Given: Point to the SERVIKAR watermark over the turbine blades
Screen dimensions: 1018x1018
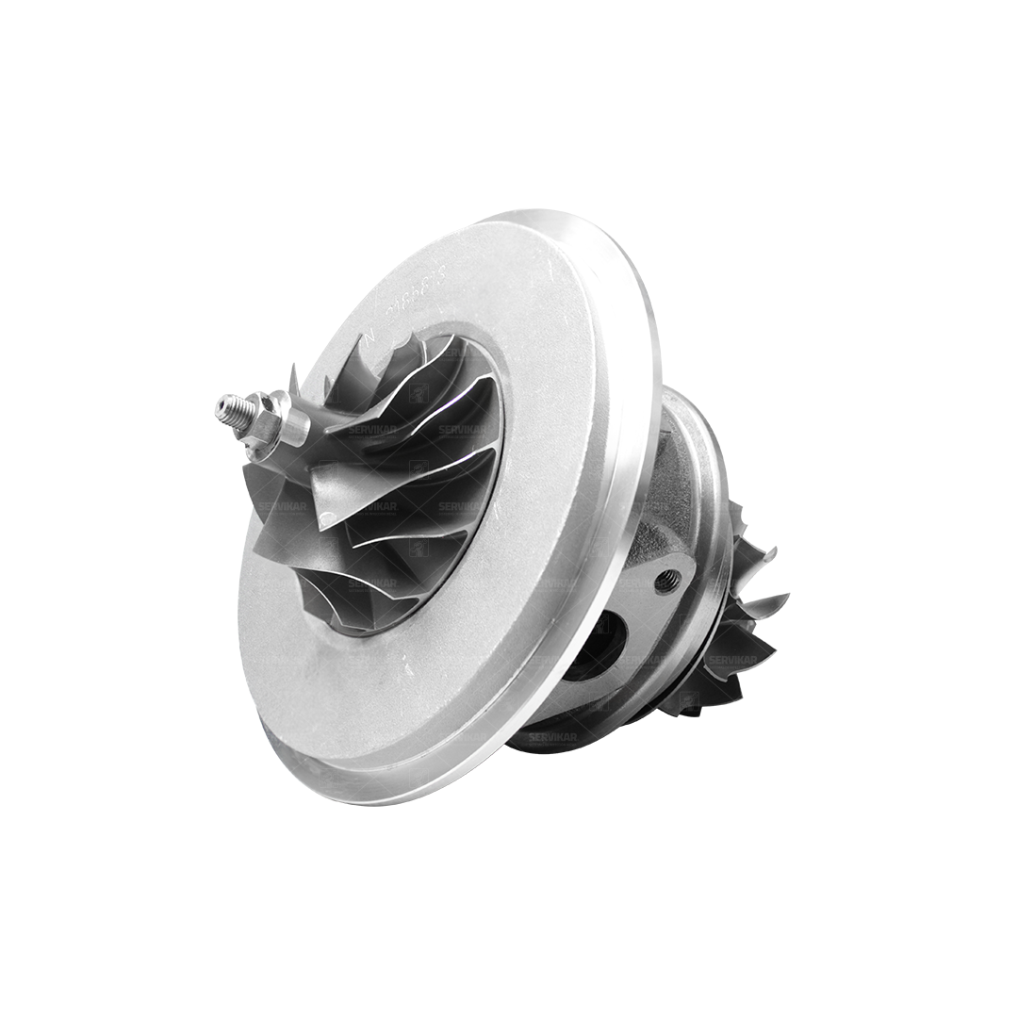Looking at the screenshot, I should (733, 660).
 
